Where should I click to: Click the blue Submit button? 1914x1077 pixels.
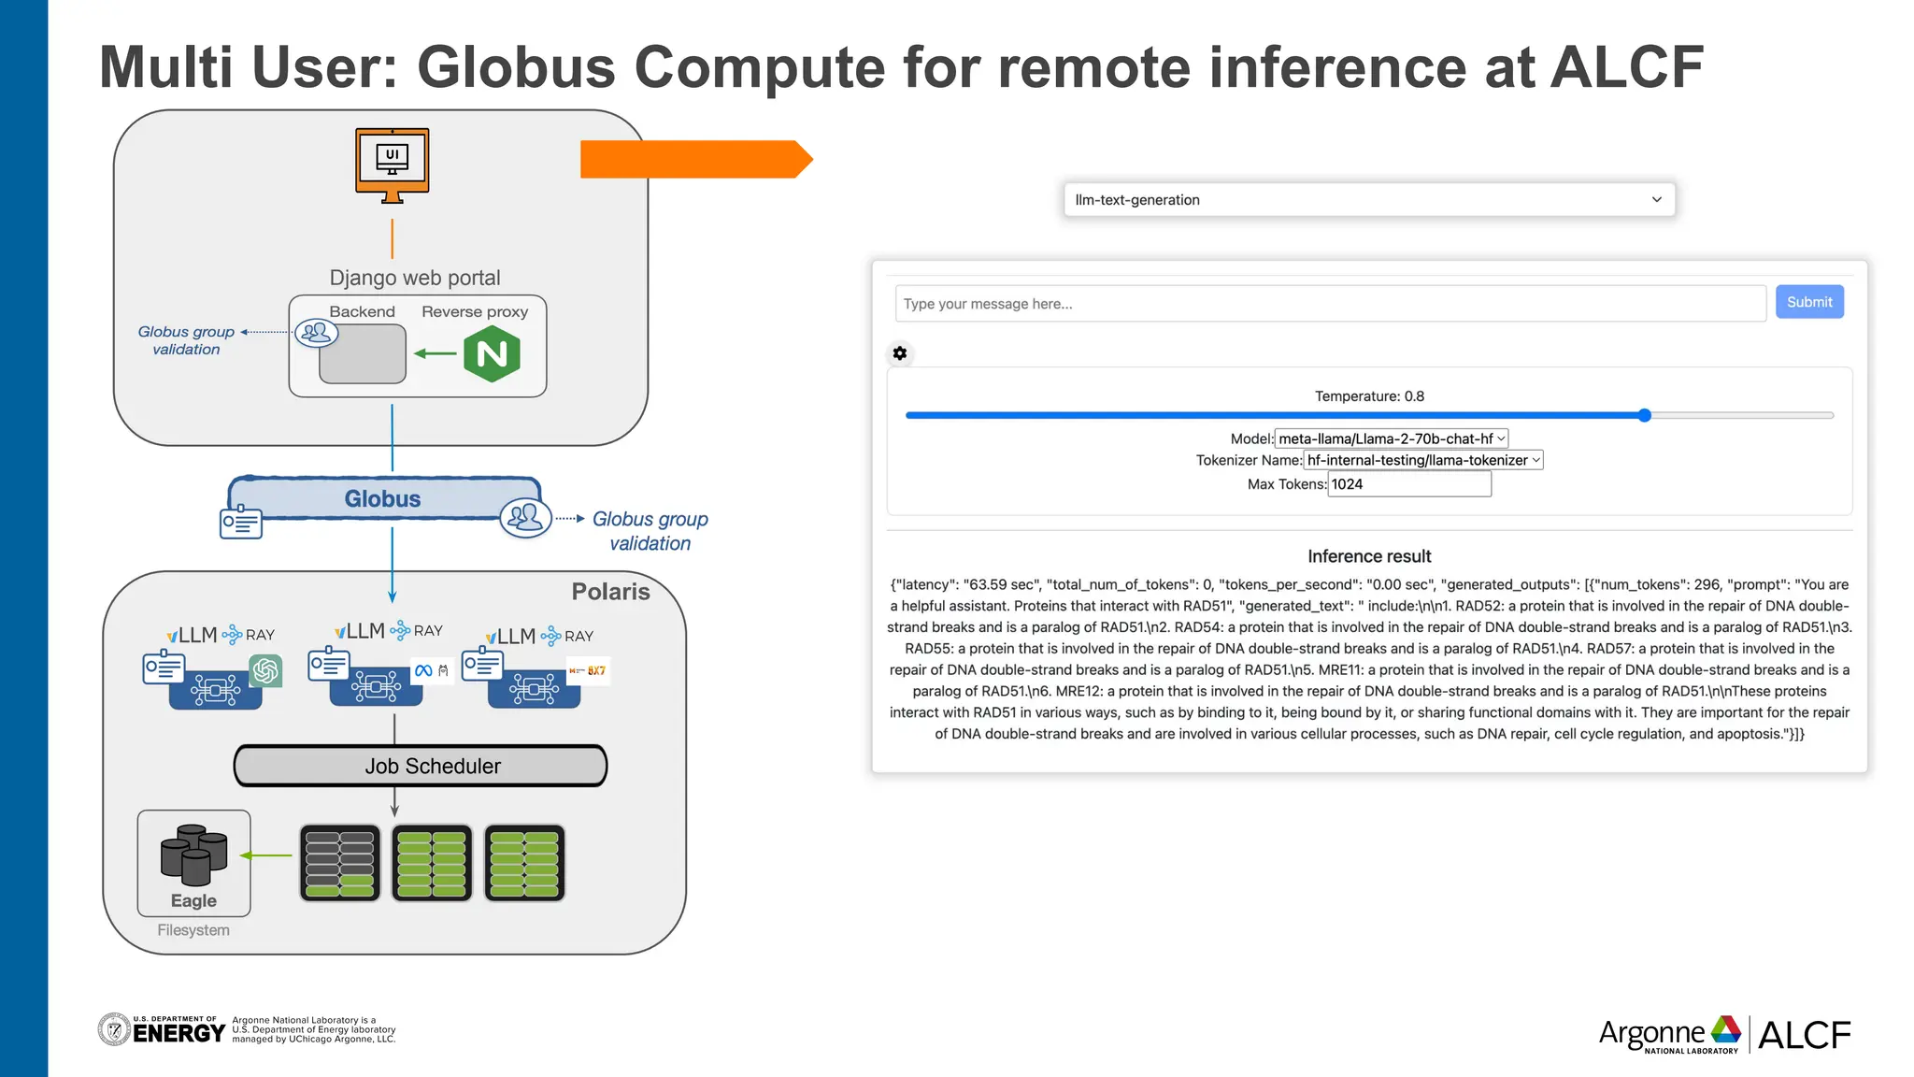pos(1808,302)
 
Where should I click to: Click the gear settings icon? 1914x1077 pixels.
pos(899,353)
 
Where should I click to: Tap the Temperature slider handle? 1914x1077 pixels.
pos(1644,415)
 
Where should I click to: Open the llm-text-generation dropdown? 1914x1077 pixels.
pos(1368,200)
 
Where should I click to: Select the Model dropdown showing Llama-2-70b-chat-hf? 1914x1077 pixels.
pos(1392,438)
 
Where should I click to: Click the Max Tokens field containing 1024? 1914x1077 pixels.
pos(1408,484)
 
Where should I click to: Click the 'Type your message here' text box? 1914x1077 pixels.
pos(1329,304)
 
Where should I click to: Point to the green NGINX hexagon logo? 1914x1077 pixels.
pos(492,354)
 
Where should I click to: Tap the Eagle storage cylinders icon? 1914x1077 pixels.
pos(193,854)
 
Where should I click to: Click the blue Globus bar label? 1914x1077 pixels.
pos(383,498)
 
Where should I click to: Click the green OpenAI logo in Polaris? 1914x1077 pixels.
pos(265,670)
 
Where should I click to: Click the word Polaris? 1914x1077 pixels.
pos(610,592)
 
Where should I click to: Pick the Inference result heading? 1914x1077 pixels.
pos(1368,556)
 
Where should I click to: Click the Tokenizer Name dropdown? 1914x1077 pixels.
pos(1422,460)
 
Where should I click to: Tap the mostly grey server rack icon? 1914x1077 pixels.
pos(340,862)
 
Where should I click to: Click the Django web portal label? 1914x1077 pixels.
pos(415,278)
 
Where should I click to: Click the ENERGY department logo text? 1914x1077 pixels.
pos(179,1032)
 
